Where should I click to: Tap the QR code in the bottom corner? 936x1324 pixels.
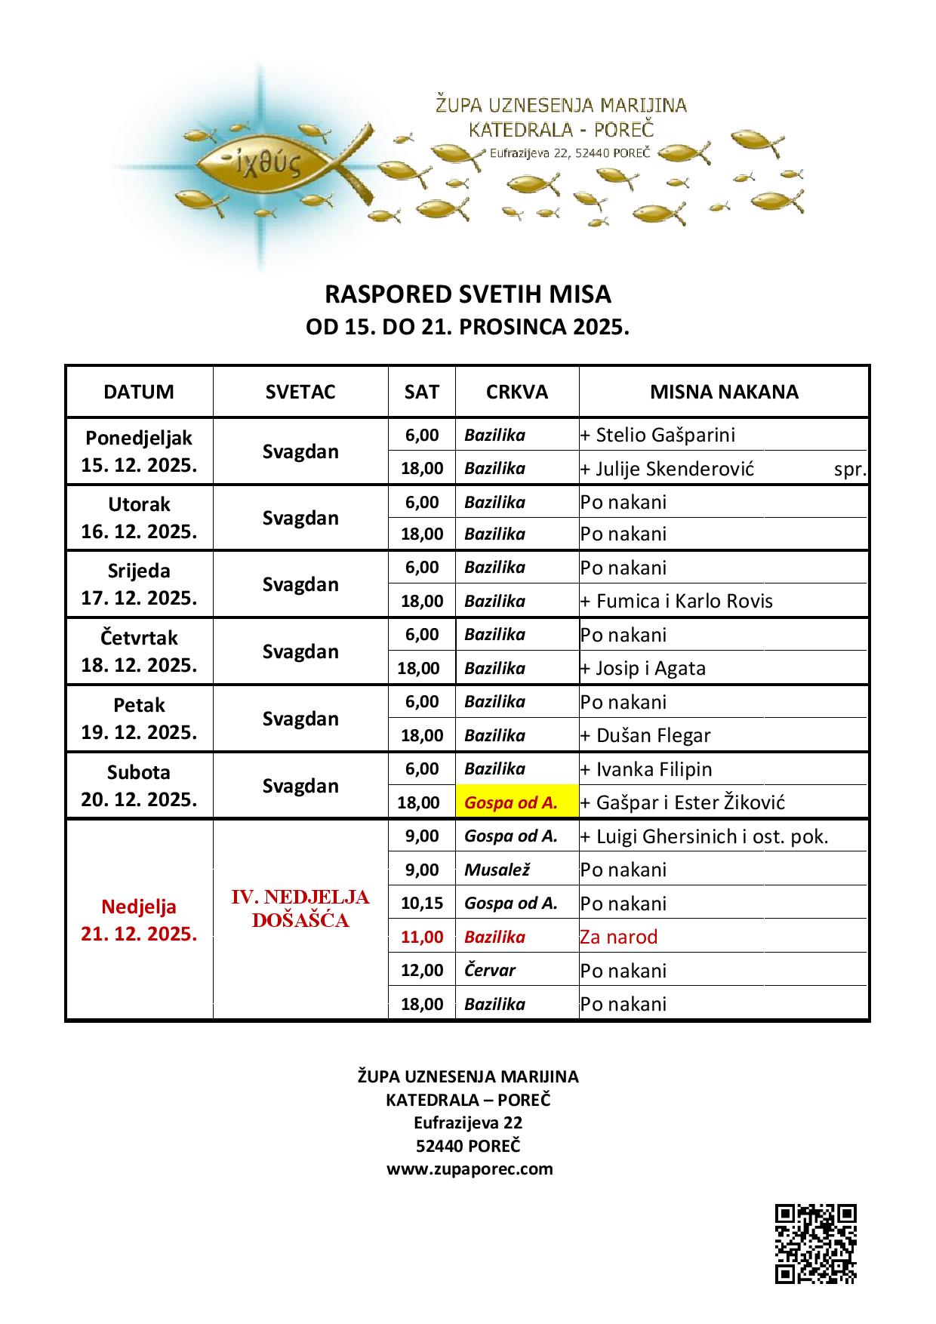816,1243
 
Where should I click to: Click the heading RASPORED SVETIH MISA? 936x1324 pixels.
467,293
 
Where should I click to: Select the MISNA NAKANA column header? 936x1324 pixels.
724,392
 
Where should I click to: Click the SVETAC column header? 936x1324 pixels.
300,392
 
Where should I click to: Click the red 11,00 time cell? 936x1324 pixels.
422,937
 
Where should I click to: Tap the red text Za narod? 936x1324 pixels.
619,937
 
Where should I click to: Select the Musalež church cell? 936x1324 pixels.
497,870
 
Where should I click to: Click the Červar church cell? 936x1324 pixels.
490,970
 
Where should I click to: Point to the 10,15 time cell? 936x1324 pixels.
422,903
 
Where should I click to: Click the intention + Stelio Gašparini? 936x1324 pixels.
657,435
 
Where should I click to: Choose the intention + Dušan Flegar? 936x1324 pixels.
645,735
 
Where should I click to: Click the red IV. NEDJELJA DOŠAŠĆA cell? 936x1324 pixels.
300,909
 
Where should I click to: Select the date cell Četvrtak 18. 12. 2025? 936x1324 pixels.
140,651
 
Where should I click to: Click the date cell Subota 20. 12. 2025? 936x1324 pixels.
140,786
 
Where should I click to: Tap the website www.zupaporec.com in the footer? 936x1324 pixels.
470,1169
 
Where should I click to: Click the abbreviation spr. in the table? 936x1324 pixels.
850,469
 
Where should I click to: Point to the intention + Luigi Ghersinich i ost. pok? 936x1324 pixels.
704,836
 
